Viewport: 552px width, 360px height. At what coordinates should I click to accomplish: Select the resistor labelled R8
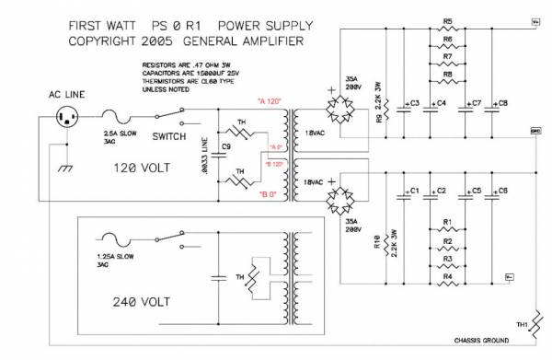pos(447,83)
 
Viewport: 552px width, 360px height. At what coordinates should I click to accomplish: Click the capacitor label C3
pos(414,103)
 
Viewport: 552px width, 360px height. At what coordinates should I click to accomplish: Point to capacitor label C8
pos(502,103)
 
